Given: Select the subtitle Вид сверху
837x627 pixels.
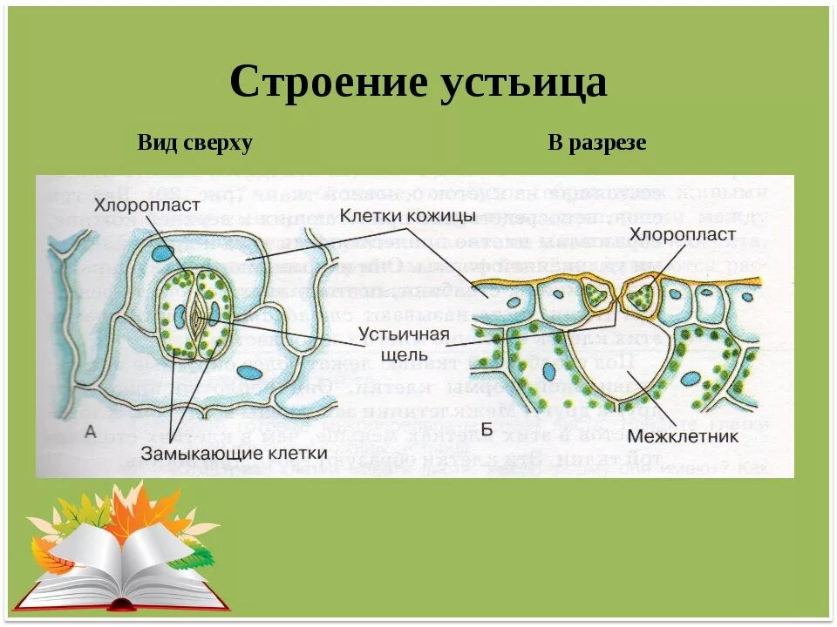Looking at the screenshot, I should [195, 143].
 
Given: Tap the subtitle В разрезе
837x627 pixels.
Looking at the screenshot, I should [597, 143].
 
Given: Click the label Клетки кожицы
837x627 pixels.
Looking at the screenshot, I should [407, 215].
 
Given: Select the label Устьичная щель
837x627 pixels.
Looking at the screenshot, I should [404, 344].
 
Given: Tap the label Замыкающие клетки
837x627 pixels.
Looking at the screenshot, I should [234, 452].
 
